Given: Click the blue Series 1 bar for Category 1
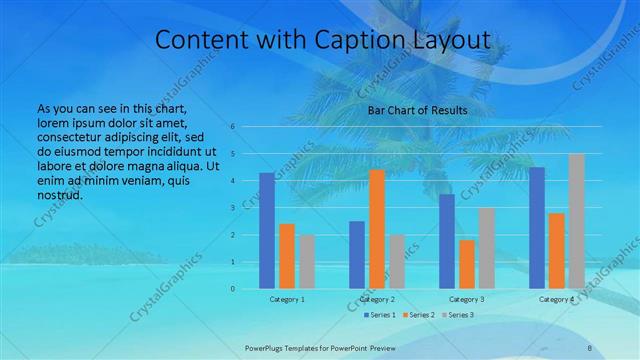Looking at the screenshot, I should pos(267,231).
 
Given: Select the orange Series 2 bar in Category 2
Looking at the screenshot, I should pos(377,229).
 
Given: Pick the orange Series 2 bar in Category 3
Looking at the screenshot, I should pos(467,264).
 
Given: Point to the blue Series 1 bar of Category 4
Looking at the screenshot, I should pos(537,228).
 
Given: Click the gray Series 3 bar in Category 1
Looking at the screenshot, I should pos(306,262).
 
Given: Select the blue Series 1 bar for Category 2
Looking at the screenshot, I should pos(357,255).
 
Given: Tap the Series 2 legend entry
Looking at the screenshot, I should pos(414,314).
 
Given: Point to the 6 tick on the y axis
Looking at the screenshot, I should pos(232,127).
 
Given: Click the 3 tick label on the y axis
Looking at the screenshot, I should pos(232,208).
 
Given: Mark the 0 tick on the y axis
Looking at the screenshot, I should pos(232,289).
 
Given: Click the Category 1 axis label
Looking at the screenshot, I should pos(287,299).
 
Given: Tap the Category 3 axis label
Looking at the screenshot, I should pos(467,299).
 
